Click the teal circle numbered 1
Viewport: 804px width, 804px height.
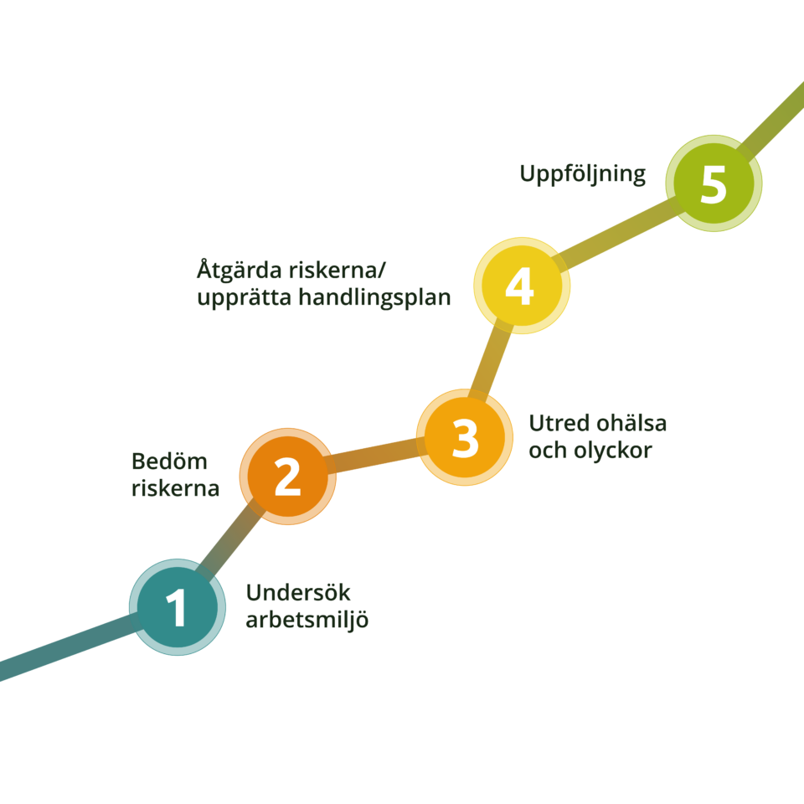[x=177, y=607]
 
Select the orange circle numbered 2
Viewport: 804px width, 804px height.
[x=287, y=477]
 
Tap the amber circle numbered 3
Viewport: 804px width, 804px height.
[x=465, y=438]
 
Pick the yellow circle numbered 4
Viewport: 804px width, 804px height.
[x=522, y=286]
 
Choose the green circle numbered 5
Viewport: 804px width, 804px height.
[x=714, y=183]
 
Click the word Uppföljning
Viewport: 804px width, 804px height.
[x=582, y=175]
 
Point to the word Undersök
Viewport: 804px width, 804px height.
[x=298, y=594]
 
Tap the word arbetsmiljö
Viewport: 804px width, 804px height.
[x=307, y=621]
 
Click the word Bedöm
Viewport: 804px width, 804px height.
[x=169, y=461]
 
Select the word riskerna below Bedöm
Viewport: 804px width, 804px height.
[x=175, y=488]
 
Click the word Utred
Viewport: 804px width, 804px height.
[x=556, y=424]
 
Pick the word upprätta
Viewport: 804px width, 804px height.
[x=243, y=298]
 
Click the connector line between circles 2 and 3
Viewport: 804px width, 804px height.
[x=376, y=457]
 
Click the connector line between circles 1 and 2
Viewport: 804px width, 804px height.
[x=231, y=540]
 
